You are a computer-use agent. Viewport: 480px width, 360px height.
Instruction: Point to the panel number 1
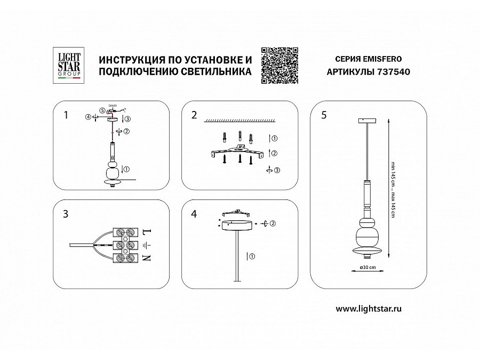66,115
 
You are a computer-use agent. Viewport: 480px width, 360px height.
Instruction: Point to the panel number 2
194,115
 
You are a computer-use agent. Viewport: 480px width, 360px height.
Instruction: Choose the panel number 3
66,214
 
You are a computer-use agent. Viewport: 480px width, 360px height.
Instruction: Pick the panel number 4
194,214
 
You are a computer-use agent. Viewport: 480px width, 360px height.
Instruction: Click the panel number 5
324,115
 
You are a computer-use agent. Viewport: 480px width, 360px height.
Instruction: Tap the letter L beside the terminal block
148,232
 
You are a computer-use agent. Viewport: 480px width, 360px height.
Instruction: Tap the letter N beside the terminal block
148,259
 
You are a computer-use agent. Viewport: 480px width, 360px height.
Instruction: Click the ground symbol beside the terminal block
148,245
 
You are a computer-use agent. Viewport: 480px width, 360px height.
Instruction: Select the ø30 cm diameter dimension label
369,267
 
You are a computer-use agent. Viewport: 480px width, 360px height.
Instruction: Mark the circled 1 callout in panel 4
252,257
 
